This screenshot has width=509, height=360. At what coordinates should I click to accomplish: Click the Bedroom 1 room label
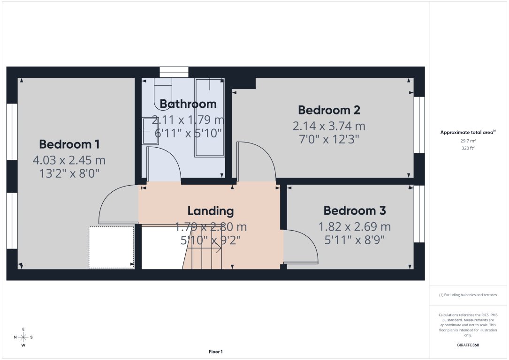tap(69, 144)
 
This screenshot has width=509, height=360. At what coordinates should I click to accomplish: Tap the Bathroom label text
tap(188, 104)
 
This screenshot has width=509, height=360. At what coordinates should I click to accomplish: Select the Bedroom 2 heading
tap(329, 110)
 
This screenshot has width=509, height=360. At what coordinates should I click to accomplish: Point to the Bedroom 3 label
tap(355, 211)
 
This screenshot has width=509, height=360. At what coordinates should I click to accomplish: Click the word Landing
tap(211, 211)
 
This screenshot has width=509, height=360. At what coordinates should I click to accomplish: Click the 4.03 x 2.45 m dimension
tap(69, 160)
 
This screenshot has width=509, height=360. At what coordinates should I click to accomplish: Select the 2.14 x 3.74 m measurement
tap(329, 126)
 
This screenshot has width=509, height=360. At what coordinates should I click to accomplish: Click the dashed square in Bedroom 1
tap(111, 247)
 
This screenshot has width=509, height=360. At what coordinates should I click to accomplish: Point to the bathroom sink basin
tap(150, 131)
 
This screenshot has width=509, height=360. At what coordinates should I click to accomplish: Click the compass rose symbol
tap(23, 337)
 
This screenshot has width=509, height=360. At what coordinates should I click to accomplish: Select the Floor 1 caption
tap(215, 352)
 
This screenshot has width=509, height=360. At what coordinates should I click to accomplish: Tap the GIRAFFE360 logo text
tap(468, 345)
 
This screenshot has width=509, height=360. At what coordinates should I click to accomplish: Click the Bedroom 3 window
tap(419, 214)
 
